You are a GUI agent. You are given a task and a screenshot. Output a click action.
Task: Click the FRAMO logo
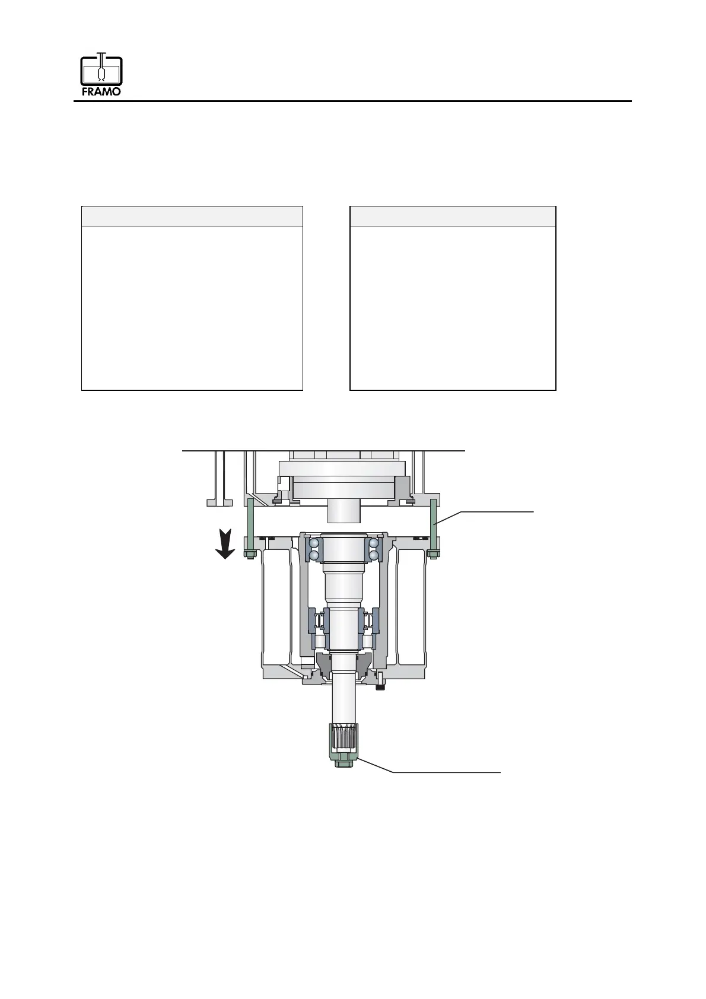101,74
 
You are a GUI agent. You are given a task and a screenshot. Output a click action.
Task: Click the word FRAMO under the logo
101,91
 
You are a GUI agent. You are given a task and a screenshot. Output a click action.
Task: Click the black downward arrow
225,543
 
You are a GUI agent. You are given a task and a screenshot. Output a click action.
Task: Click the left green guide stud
250,526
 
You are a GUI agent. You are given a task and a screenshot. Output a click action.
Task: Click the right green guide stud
432,526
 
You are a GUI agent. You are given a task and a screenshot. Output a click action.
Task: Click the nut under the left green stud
250,555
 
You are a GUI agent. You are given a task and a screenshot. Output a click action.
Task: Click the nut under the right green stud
432,555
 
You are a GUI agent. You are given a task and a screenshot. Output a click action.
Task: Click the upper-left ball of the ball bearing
314,543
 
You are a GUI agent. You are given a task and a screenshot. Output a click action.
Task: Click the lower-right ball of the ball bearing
374,555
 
